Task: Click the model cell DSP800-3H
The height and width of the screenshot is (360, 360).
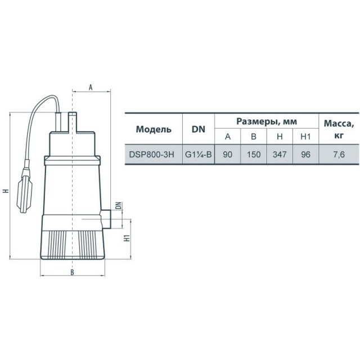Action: (x=151, y=155)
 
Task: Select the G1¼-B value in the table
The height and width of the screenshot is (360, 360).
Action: (x=199, y=155)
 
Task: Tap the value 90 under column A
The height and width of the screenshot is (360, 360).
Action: (x=227, y=155)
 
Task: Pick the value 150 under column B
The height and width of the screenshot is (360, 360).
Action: (x=254, y=155)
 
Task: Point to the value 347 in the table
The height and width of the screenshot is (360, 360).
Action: (x=280, y=155)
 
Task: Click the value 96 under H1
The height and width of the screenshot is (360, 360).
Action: (x=305, y=155)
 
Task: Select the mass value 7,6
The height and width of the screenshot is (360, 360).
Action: (x=339, y=155)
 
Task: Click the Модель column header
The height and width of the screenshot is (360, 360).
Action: (x=154, y=129)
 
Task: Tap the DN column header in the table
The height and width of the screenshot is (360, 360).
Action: (x=199, y=129)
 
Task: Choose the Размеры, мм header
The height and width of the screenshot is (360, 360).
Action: (x=267, y=121)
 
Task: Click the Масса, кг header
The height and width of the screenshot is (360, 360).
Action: (x=339, y=129)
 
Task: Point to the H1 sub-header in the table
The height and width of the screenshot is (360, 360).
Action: (x=305, y=137)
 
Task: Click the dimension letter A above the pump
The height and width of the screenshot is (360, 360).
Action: (x=91, y=87)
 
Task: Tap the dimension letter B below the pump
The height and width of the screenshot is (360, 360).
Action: (x=72, y=272)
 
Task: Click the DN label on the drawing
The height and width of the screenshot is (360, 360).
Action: (x=119, y=205)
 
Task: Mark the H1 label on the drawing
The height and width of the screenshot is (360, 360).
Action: (x=127, y=238)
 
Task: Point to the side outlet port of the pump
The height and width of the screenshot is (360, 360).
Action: (x=106, y=219)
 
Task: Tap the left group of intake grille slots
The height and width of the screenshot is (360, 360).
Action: (x=57, y=245)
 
